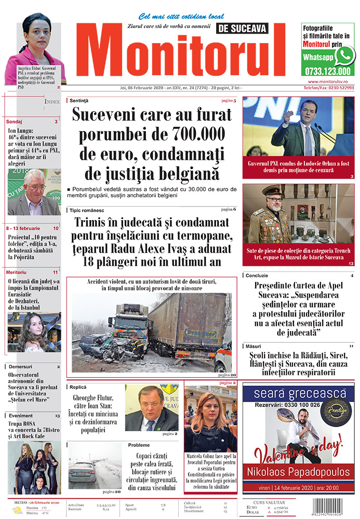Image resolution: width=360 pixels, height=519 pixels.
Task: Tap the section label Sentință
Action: (x=79, y=100)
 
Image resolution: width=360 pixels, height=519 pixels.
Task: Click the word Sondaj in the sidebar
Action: (x=15, y=121)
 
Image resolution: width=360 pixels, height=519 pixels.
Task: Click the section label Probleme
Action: (x=139, y=445)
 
